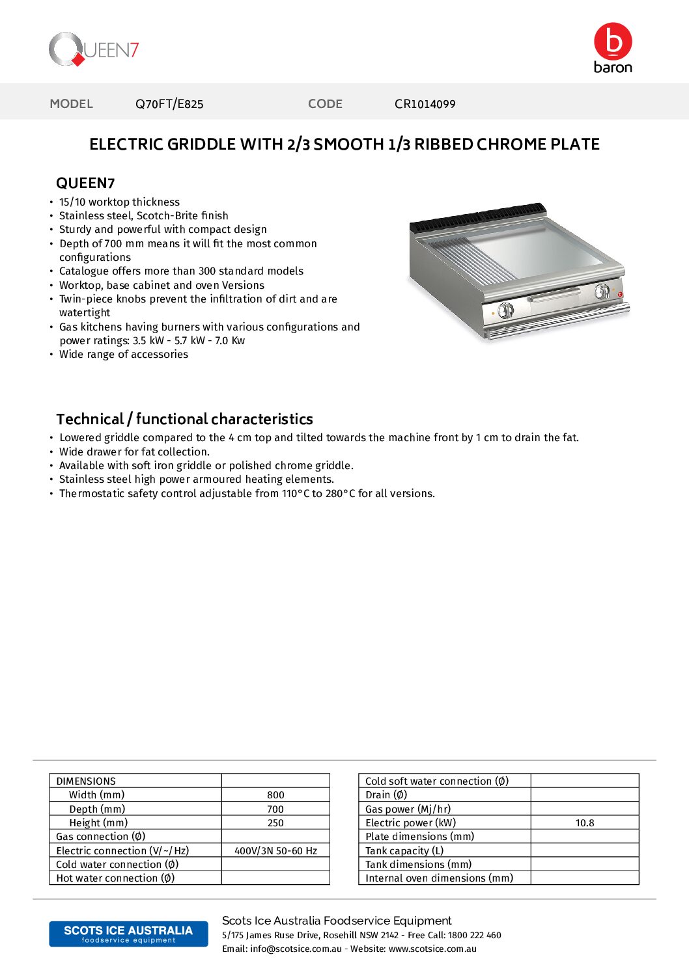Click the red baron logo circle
[x=613, y=42]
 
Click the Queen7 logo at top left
[x=94, y=49]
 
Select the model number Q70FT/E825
[x=169, y=104]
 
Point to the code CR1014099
[x=425, y=104]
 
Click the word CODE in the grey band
[x=325, y=104]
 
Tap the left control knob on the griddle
[x=506, y=310]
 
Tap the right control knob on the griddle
[x=602, y=291]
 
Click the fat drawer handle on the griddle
[x=554, y=296]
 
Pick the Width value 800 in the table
[x=275, y=795]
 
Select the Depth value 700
[x=275, y=809]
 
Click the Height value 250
[x=275, y=823]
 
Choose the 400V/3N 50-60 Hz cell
[x=275, y=851]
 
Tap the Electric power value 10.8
[x=585, y=823]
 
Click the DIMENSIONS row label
[x=86, y=781]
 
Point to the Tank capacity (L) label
[x=404, y=851]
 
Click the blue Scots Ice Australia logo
[x=128, y=934]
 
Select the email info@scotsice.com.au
[x=296, y=949]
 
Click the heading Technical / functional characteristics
[x=184, y=419]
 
